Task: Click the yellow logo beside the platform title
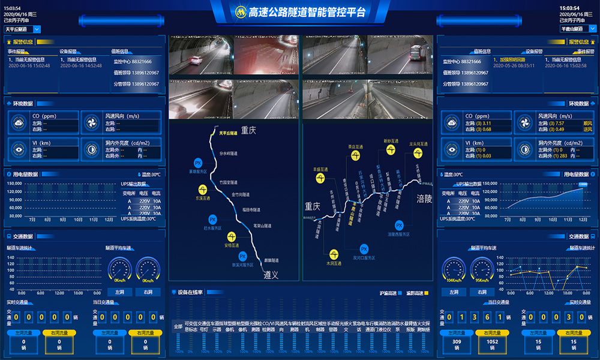(x=241, y=12)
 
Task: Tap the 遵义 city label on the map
(x=272, y=275)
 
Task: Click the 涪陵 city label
(x=425, y=199)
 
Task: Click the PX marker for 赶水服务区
(x=212, y=220)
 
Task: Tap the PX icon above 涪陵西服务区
(x=399, y=225)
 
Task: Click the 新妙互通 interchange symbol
(x=391, y=142)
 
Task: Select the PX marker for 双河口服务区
(x=364, y=249)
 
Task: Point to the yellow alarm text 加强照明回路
(x=510, y=60)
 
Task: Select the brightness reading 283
(x=563, y=156)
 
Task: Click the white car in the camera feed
(x=194, y=60)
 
